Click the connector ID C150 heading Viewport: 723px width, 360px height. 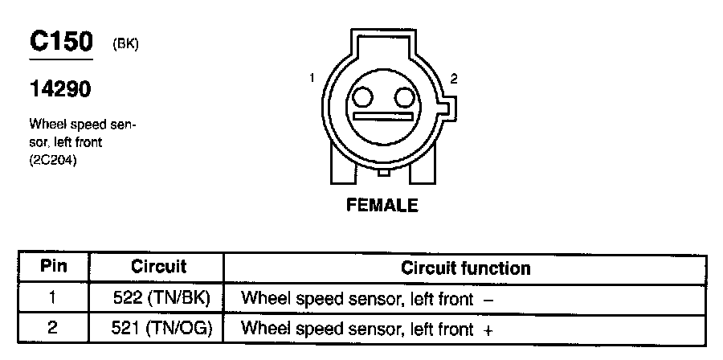click(x=61, y=42)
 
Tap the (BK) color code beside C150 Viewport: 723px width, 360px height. click(x=126, y=45)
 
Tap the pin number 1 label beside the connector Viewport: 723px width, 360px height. click(x=311, y=78)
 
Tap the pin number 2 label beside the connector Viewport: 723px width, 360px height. click(x=454, y=79)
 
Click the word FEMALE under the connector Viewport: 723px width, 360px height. click(x=382, y=205)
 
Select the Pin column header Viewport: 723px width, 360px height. click(x=53, y=267)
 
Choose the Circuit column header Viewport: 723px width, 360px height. click(x=158, y=267)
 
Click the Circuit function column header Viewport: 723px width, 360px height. click(x=465, y=268)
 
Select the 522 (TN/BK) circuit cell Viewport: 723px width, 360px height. click(x=161, y=298)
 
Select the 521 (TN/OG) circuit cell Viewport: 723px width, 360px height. click(x=161, y=328)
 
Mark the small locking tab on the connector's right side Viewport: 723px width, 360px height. click(x=449, y=108)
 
